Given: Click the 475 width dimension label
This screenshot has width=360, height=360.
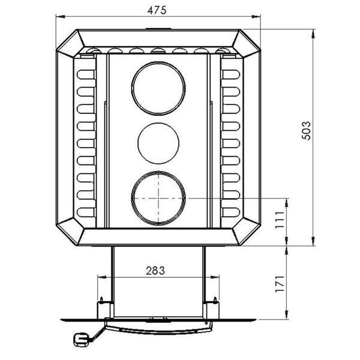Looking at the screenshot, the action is [x=157, y=10].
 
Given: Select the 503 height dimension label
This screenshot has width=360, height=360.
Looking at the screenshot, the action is [x=306, y=131].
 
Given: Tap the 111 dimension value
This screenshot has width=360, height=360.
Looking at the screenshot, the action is [x=280, y=220].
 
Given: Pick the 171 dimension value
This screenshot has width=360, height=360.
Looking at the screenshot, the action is [x=280, y=284].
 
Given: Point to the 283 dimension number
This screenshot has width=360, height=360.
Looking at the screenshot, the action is [x=155, y=271].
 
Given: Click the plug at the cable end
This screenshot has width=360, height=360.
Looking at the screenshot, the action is [x=80, y=340].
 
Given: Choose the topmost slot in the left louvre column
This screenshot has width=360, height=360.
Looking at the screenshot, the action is [x=86, y=74].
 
